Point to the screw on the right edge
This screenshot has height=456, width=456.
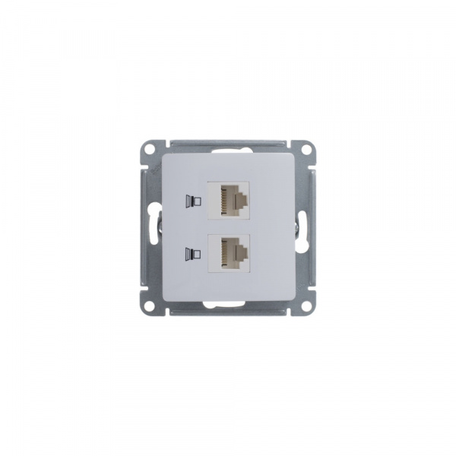pyautogui.click(x=296, y=227)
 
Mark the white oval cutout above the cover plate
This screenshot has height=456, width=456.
pyautogui.click(x=227, y=152)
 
